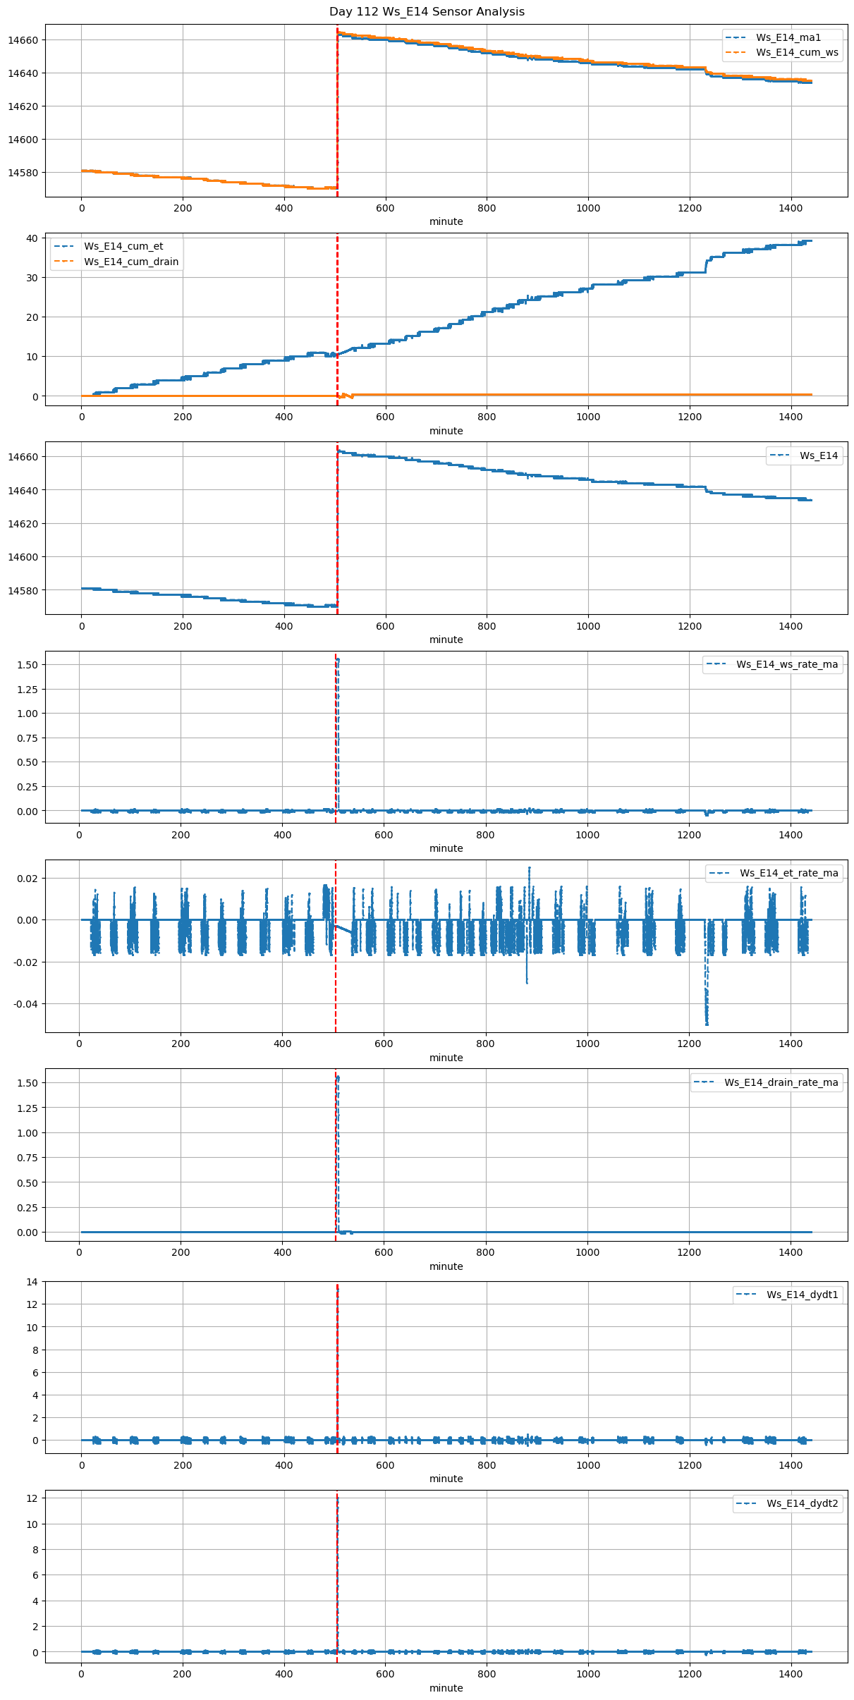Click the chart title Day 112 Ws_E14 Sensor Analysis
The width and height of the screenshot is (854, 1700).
[x=427, y=12]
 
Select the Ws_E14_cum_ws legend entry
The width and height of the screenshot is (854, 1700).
[x=797, y=52]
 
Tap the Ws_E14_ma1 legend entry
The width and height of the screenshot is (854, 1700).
[x=788, y=37]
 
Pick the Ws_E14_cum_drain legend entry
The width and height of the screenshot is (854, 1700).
[x=131, y=262]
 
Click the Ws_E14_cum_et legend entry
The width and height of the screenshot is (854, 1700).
[x=123, y=246]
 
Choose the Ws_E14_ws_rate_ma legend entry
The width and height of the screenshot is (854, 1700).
[x=787, y=664]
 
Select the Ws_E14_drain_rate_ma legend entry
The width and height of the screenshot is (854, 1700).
[x=781, y=1082]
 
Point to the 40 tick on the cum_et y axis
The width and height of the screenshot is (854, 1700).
[x=32, y=238]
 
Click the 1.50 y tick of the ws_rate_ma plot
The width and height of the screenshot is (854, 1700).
[x=27, y=665]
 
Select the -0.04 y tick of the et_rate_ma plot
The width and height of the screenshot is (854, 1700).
[x=27, y=1004]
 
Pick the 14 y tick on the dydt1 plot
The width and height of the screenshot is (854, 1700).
[x=32, y=1282]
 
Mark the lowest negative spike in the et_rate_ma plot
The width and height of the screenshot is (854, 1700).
[x=707, y=1024]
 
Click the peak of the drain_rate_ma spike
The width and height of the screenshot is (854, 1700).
[x=338, y=1077]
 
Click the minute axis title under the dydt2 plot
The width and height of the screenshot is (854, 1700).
[x=446, y=1688]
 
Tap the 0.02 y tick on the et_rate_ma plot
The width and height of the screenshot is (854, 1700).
[x=29, y=879]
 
